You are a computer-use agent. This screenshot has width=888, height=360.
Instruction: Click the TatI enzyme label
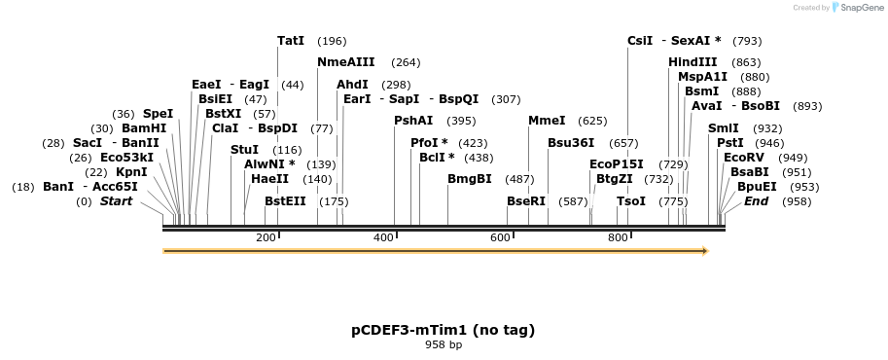tap(291, 41)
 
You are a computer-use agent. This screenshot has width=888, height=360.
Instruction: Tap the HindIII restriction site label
tap(693, 62)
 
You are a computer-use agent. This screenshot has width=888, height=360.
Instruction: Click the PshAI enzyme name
tap(413, 121)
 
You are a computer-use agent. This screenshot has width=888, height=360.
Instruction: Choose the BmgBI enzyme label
tap(470, 179)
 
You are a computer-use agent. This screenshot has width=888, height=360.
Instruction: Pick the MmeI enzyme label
tap(547, 121)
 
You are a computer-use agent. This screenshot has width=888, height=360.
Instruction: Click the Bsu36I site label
tap(571, 142)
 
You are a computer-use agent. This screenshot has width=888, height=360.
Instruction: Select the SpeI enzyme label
tap(159, 114)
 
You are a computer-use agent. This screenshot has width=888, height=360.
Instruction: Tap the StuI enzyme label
tap(245, 150)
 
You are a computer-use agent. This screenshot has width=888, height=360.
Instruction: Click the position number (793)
tap(747, 41)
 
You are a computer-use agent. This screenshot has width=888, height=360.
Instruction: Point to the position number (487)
tap(519, 179)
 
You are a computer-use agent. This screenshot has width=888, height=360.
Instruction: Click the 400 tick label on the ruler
tap(383, 238)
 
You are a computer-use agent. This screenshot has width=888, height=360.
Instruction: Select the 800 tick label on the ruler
tap(618, 238)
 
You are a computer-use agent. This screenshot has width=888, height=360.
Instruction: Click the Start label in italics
tap(117, 201)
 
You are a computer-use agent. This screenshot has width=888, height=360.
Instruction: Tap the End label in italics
tap(756, 201)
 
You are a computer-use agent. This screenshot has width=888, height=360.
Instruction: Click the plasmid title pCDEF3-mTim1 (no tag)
tap(443, 330)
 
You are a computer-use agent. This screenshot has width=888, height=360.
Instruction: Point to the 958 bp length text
tap(444, 345)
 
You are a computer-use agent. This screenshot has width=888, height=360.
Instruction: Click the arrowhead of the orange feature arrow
tap(705, 251)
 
